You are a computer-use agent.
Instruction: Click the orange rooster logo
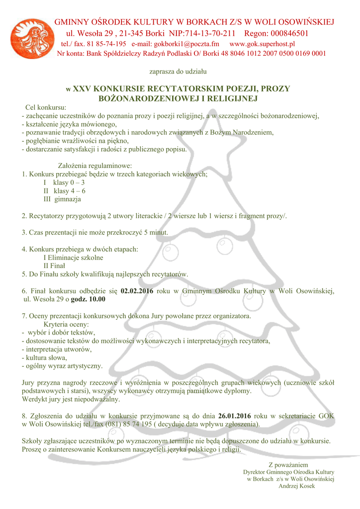(x=31, y=39)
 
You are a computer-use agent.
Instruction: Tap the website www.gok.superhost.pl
(x=262, y=44)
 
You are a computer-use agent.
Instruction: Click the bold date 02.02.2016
(x=137, y=291)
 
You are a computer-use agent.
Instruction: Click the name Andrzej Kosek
(x=297, y=486)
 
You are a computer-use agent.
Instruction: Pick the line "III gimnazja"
(x=62, y=199)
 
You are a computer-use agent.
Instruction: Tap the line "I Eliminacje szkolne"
(x=74, y=257)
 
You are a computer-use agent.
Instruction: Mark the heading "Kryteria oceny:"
(x=66, y=324)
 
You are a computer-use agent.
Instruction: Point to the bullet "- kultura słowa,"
(x=44, y=357)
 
